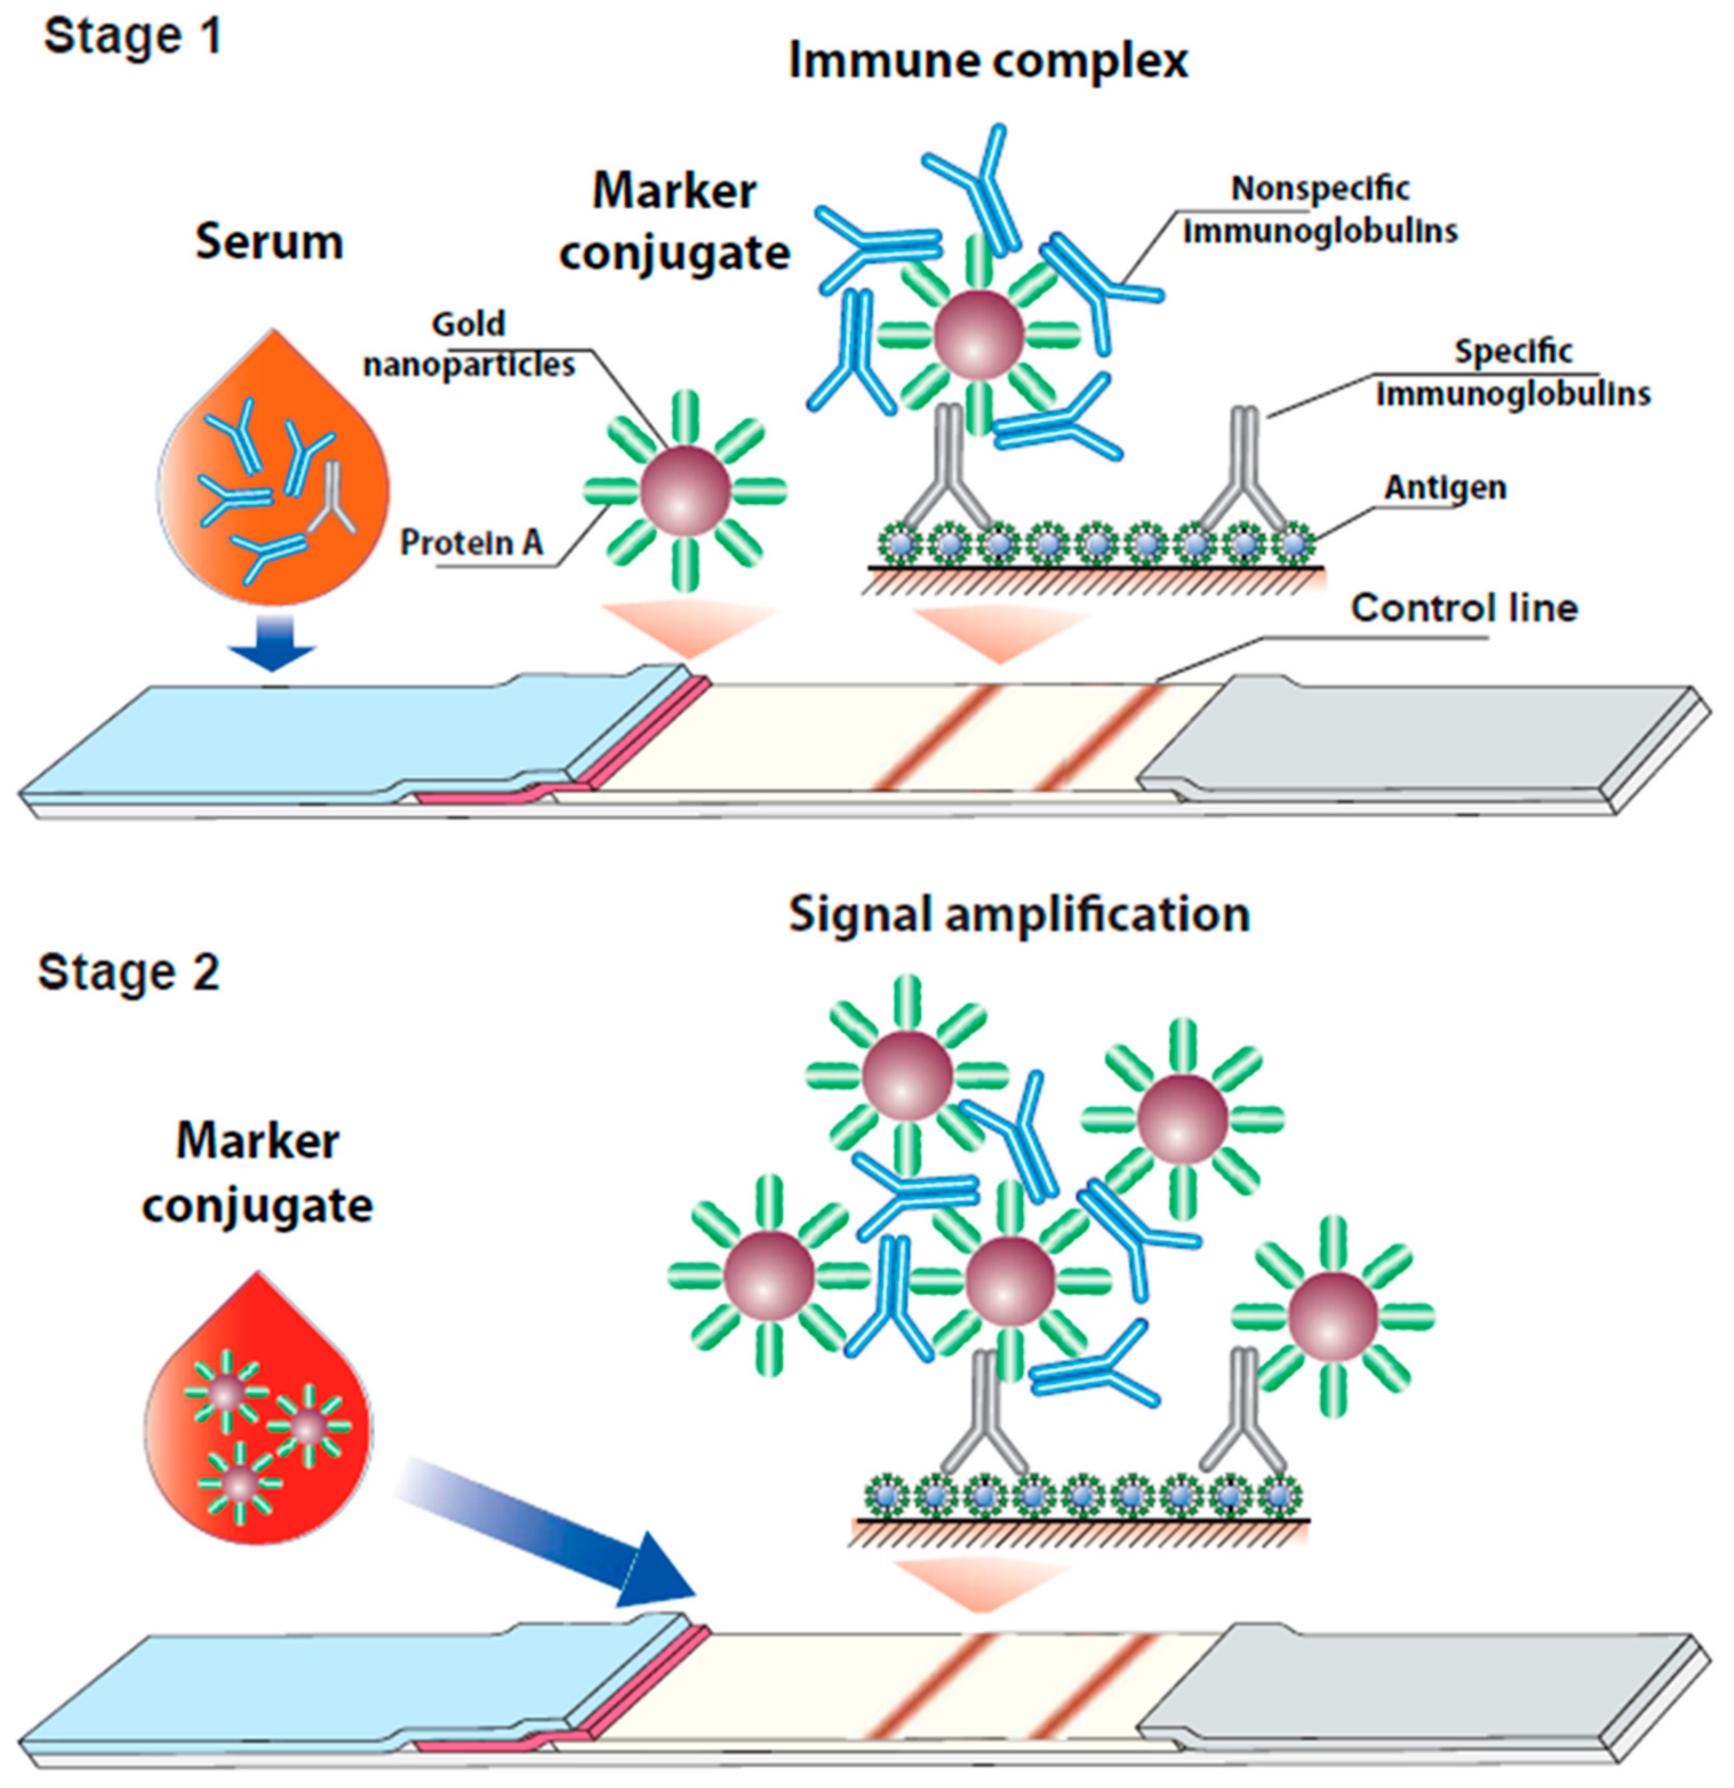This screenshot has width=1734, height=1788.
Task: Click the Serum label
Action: click(x=269, y=242)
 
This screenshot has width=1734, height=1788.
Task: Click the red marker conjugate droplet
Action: click(x=258, y=1423)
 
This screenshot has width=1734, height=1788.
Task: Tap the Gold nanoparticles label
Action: click(x=469, y=345)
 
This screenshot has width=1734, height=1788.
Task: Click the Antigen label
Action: click(x=1445, y=488)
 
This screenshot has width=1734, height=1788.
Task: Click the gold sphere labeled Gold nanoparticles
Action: click(x=684, y=491)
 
